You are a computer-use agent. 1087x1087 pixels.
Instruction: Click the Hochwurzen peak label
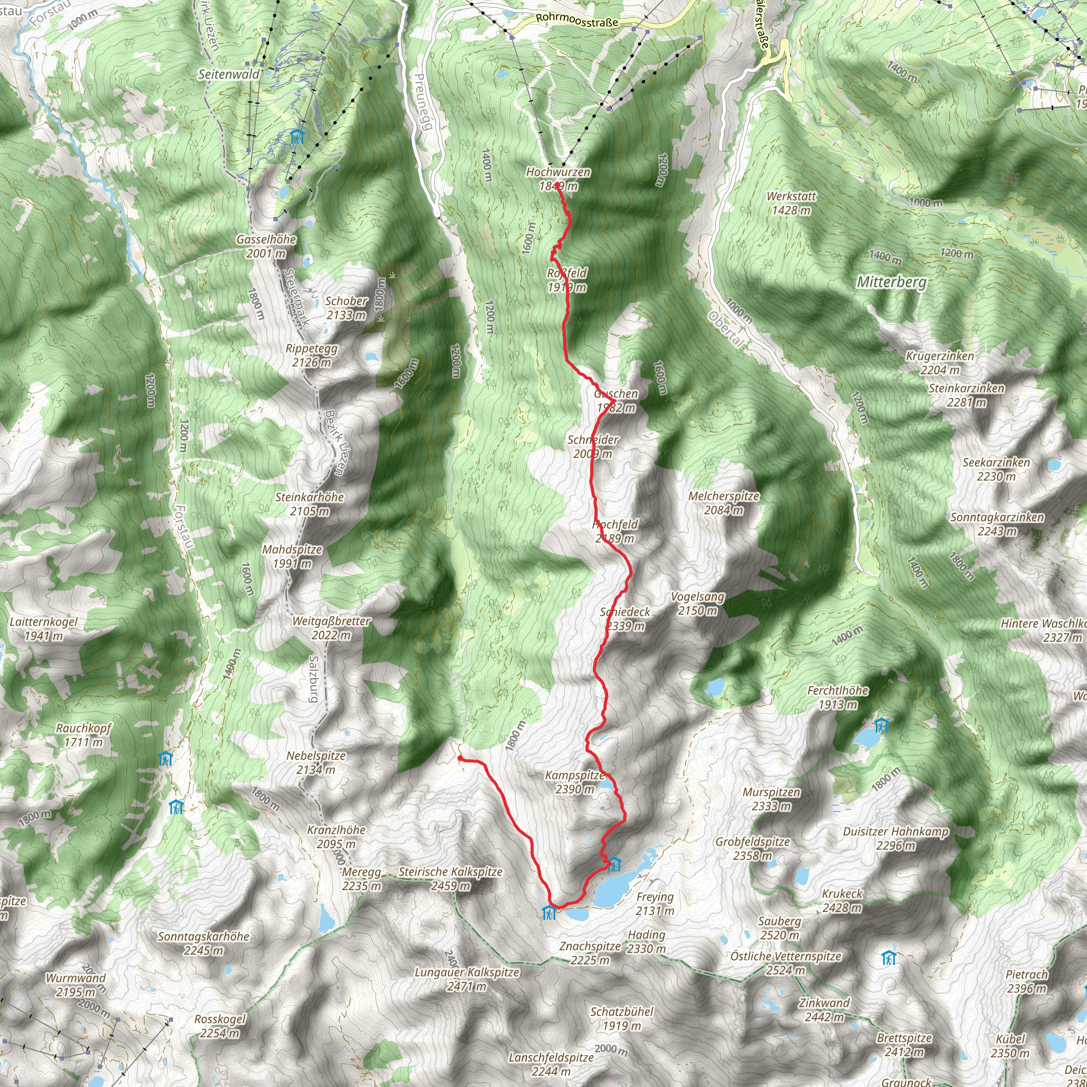coord(558,178)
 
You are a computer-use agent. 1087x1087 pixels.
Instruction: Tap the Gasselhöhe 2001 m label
coord(266,246)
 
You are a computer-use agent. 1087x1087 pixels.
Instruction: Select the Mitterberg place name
coord(891,282)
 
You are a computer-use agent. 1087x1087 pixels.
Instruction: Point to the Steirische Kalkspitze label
coord(450,878)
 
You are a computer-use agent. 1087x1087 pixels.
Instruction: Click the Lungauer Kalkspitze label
coord(467,979)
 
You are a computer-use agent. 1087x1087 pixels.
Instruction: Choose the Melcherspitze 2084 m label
coord(723,503)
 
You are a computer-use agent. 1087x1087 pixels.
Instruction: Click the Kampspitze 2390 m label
coord(574,782)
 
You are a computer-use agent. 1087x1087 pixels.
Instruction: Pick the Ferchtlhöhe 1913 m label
coord(838,697)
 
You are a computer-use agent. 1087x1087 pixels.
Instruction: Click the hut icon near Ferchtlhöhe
coord(881,725)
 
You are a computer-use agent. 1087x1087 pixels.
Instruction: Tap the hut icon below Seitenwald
coord(297,136)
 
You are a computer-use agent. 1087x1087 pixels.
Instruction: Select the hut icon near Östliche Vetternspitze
coord(888,957)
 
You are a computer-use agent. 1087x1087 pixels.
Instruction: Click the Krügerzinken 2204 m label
coord(939,363)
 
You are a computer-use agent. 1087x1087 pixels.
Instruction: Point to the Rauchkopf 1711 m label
coord(83,735)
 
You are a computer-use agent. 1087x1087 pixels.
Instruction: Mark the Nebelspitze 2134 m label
coord(316,762)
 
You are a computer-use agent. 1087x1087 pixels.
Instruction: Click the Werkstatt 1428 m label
coord(791,203)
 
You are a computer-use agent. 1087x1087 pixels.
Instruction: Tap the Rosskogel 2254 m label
coord(220,1026)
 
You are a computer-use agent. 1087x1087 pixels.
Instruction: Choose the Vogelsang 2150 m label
coord(697,603)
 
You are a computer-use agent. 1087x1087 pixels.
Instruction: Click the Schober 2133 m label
coord(346,308)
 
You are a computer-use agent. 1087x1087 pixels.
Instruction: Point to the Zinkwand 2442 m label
coord(824,1010)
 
